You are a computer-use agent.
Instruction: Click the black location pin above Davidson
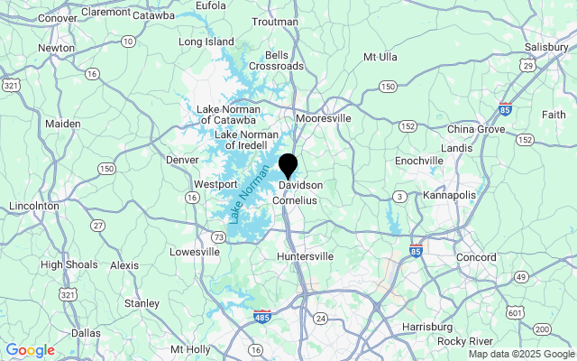[288, 165]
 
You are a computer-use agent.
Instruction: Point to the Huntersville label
[306, 257]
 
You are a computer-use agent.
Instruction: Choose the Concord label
[476, 258]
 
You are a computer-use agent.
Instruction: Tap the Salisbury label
[548, 46]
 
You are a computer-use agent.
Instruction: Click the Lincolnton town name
[33, 206]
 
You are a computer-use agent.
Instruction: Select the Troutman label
[275, 22]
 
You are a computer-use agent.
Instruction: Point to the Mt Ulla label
[380, 57]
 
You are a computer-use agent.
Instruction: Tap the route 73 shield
[218, 236]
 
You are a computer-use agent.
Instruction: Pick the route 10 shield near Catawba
[129, 42]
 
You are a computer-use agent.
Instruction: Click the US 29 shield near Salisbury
[528, 67]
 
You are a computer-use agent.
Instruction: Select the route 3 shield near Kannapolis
[398, 196]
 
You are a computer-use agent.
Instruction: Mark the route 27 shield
[97, 225]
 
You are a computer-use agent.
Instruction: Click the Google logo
[30, 350]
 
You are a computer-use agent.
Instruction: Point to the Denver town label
[182, 160]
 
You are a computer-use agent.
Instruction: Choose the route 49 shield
[520, 276]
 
